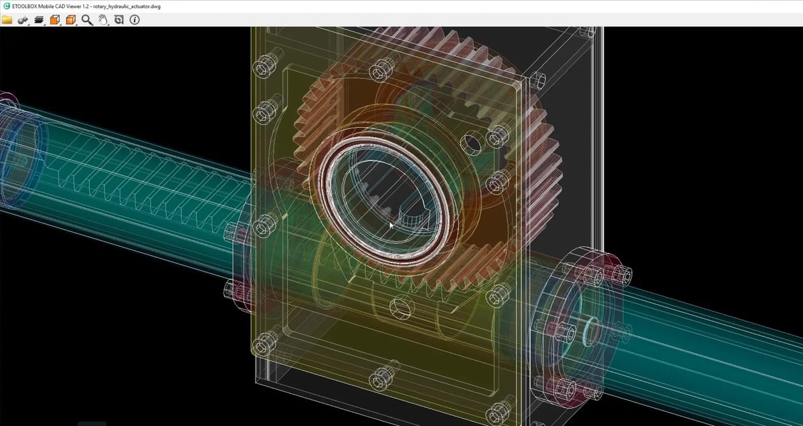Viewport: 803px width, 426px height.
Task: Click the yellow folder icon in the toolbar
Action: (x=7, y=20)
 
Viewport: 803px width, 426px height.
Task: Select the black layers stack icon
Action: (x=39, y=20)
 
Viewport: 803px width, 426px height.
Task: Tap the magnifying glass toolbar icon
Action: (x=87, y=20)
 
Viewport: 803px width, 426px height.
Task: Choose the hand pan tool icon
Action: (x=103, y=20)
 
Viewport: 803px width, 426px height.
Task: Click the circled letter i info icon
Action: (x=135, y=20)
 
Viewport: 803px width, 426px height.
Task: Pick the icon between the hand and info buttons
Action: (x=118, y=20)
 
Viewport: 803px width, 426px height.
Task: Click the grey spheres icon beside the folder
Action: (x=23, y=20)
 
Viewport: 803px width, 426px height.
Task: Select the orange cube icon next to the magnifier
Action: (x=71, y=20)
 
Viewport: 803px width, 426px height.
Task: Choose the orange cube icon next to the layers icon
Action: (x=55, y=20)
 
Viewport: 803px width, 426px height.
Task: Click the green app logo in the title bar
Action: (x=6, y=6)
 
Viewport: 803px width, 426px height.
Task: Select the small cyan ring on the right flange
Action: (x=592, y=328)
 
